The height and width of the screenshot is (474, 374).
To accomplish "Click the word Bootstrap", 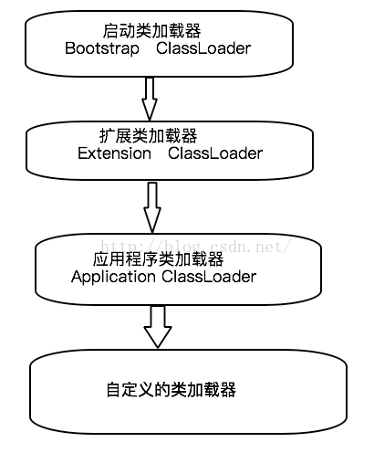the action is [102, 49].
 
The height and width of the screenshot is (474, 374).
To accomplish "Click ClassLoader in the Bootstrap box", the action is [203, 48].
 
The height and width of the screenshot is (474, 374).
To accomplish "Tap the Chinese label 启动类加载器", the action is [151, 31].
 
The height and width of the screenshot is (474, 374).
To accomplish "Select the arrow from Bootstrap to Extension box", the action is [150, 99].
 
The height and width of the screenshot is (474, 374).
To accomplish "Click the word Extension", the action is [114, 153].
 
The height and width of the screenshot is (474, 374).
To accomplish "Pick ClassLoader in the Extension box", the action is [215, 153].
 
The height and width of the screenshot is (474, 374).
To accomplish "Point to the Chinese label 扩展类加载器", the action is [149, 135].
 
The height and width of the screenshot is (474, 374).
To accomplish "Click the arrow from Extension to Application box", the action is [152, 207].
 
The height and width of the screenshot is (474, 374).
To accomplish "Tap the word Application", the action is [113, 278].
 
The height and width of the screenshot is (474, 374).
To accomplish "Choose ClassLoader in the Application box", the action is [209, 277].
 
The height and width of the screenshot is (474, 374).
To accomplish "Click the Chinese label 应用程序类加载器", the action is [159, 259].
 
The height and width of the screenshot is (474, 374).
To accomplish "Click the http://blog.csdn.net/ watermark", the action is [196, 246].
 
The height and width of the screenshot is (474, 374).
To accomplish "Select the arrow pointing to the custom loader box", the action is [158, 326].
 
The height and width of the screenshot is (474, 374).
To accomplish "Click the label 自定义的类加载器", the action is [171, 390].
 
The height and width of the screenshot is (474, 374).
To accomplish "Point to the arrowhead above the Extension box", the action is [150, 109].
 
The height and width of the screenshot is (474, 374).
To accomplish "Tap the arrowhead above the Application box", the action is [152, 220].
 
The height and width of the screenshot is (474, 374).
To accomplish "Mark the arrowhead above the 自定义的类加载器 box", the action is [158, 337].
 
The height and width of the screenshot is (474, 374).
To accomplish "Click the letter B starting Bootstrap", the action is [70, 48].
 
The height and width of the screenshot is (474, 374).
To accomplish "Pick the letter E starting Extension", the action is [82, 153].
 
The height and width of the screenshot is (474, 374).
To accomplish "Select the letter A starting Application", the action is [77, 277].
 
